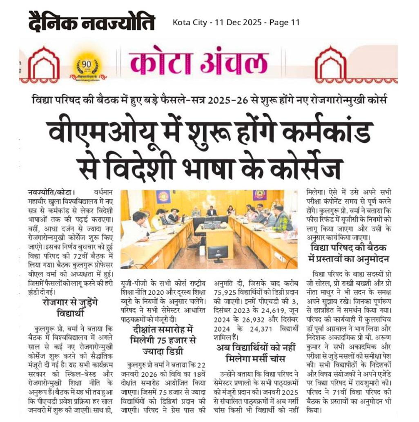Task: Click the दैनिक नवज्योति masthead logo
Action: click(91, 22)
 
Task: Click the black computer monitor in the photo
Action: click(217, 253)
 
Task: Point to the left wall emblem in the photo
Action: click(163, 197)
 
